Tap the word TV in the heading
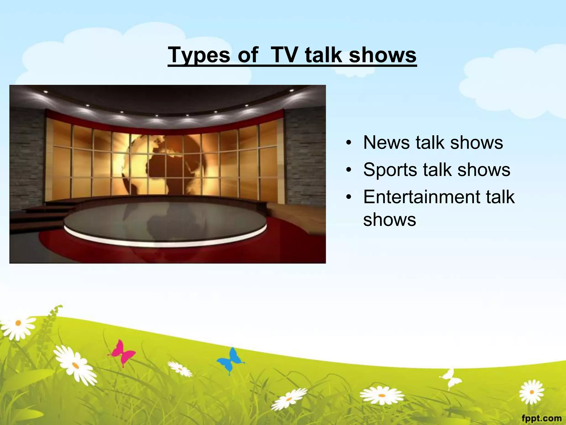click(285, 55)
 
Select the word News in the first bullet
click(386, 143)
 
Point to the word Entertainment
click(422, 197)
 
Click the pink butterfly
click(122, 353)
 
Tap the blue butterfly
click(231, 360)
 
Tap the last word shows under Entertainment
click(389, 220)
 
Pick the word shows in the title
click(382, 55)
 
